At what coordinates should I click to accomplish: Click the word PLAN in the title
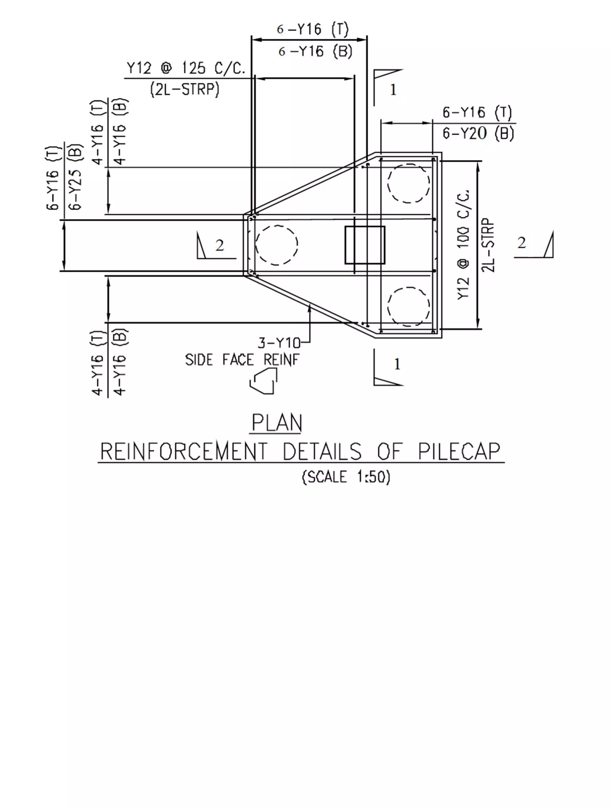coord(277,423)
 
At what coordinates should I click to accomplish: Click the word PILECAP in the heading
coord(459,451)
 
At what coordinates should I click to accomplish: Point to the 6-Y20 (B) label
coord(478,133)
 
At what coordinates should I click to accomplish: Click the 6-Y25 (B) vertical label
coord(76,177)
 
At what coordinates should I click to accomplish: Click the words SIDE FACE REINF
coord(242,360)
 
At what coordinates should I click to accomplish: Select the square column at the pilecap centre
coord(365,245)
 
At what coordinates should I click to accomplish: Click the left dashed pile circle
coord(277,245)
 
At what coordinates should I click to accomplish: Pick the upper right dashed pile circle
coord(408,183)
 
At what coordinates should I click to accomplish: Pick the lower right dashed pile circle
coord(408,307)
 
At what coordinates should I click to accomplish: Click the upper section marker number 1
coord(393,90)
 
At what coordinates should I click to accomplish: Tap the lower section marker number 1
coord(397,364)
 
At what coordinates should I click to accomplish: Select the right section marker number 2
coord(521,243)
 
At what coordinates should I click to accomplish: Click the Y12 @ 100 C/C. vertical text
coord(463,245)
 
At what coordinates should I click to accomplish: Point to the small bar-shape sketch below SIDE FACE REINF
coord(263,381)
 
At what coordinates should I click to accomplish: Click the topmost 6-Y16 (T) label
coord(313,29)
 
